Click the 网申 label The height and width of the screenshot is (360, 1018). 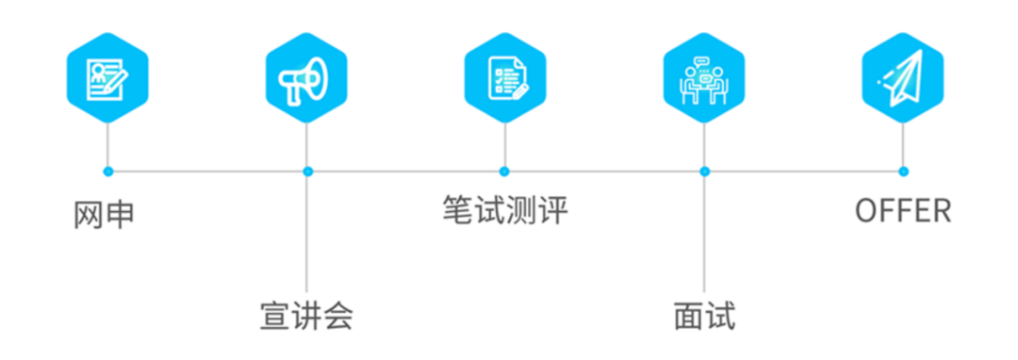pyautogui.click(x=104, y=215)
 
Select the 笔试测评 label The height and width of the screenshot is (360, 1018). pyautogui.click(x=504, y=209)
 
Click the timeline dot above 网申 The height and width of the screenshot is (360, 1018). pyautogui.click(x=107, y=172)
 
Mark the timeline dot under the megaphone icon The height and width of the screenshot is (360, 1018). pyautogui.click(x=307, y=172)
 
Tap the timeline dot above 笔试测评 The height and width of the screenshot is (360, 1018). pyautogui.click(x=504, y=172)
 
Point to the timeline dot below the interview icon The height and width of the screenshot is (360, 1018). pyautogui.click(x=704, y=172)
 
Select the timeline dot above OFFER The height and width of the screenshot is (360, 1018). pyautogui.click(x=903, y=172)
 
